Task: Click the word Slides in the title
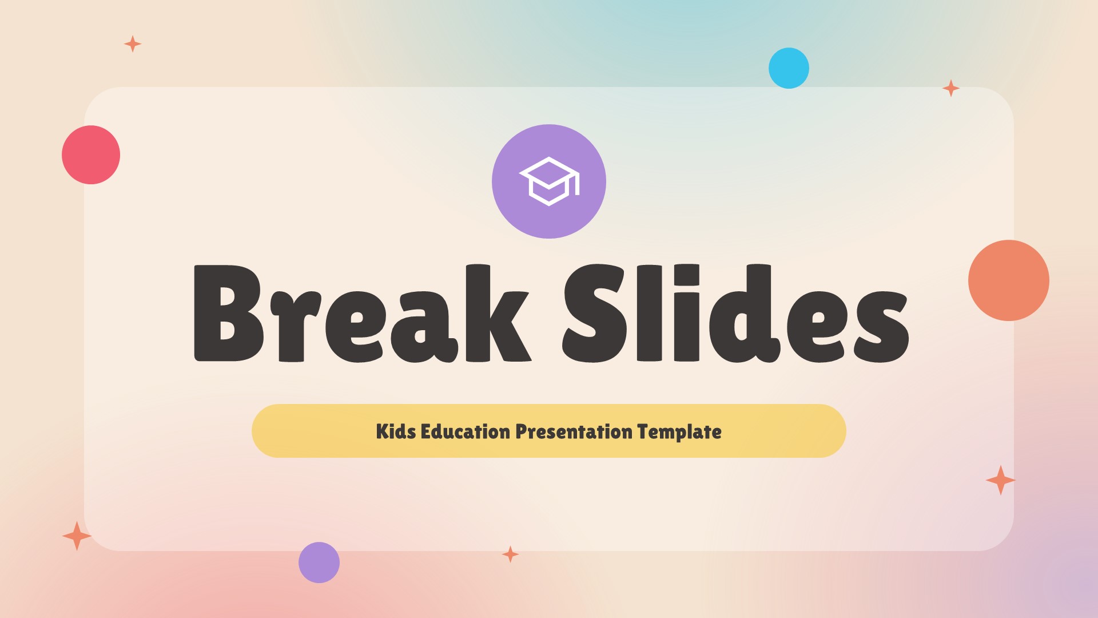click(735, 314)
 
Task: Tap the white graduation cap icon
click(548, 181)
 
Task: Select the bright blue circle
click(789, 68)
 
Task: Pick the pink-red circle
click(91, 154)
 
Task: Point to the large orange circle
click(1008, 280)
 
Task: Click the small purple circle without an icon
click(319, 562)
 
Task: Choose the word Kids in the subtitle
click(396, 431)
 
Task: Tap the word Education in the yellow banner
click(465, 431)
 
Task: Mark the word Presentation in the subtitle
click(574, 431)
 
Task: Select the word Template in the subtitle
click(679, 431)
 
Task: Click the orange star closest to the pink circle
click(133, 44)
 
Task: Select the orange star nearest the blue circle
click(950, 88)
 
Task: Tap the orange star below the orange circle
click(1000, 480)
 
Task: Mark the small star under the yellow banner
click(510, 554)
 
